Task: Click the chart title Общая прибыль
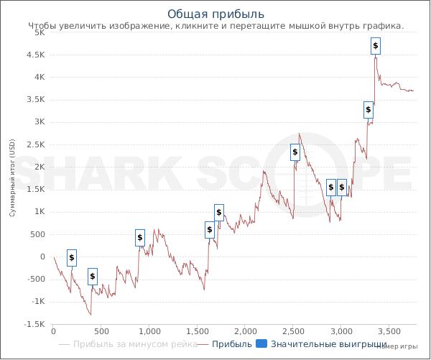point(215,14)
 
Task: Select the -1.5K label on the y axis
point(34,324)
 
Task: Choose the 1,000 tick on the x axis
point(149,331)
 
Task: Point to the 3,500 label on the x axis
point(389,331)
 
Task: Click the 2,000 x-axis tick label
point(245,331)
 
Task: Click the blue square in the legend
point(261,344)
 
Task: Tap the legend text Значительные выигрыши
point(329,344)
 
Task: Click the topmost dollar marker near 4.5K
point(375,46)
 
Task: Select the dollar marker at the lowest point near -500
point(92,277)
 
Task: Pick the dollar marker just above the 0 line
point(71,258)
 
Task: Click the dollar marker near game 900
point(140,238)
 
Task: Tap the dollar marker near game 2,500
point(295,152)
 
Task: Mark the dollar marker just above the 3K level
point(368,110)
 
